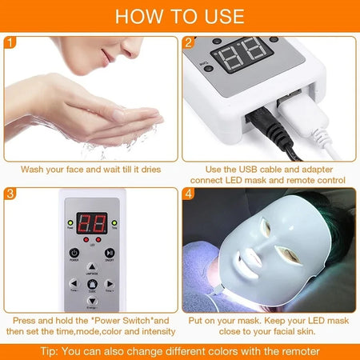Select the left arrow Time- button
coord(74,283)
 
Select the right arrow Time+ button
coord(110,283)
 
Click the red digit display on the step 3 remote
coord(92,226)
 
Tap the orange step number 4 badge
coord(189,194)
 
